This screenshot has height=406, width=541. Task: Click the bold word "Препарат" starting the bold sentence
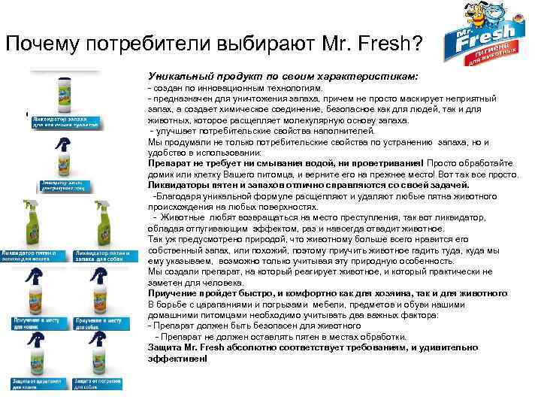coord(171,164)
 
